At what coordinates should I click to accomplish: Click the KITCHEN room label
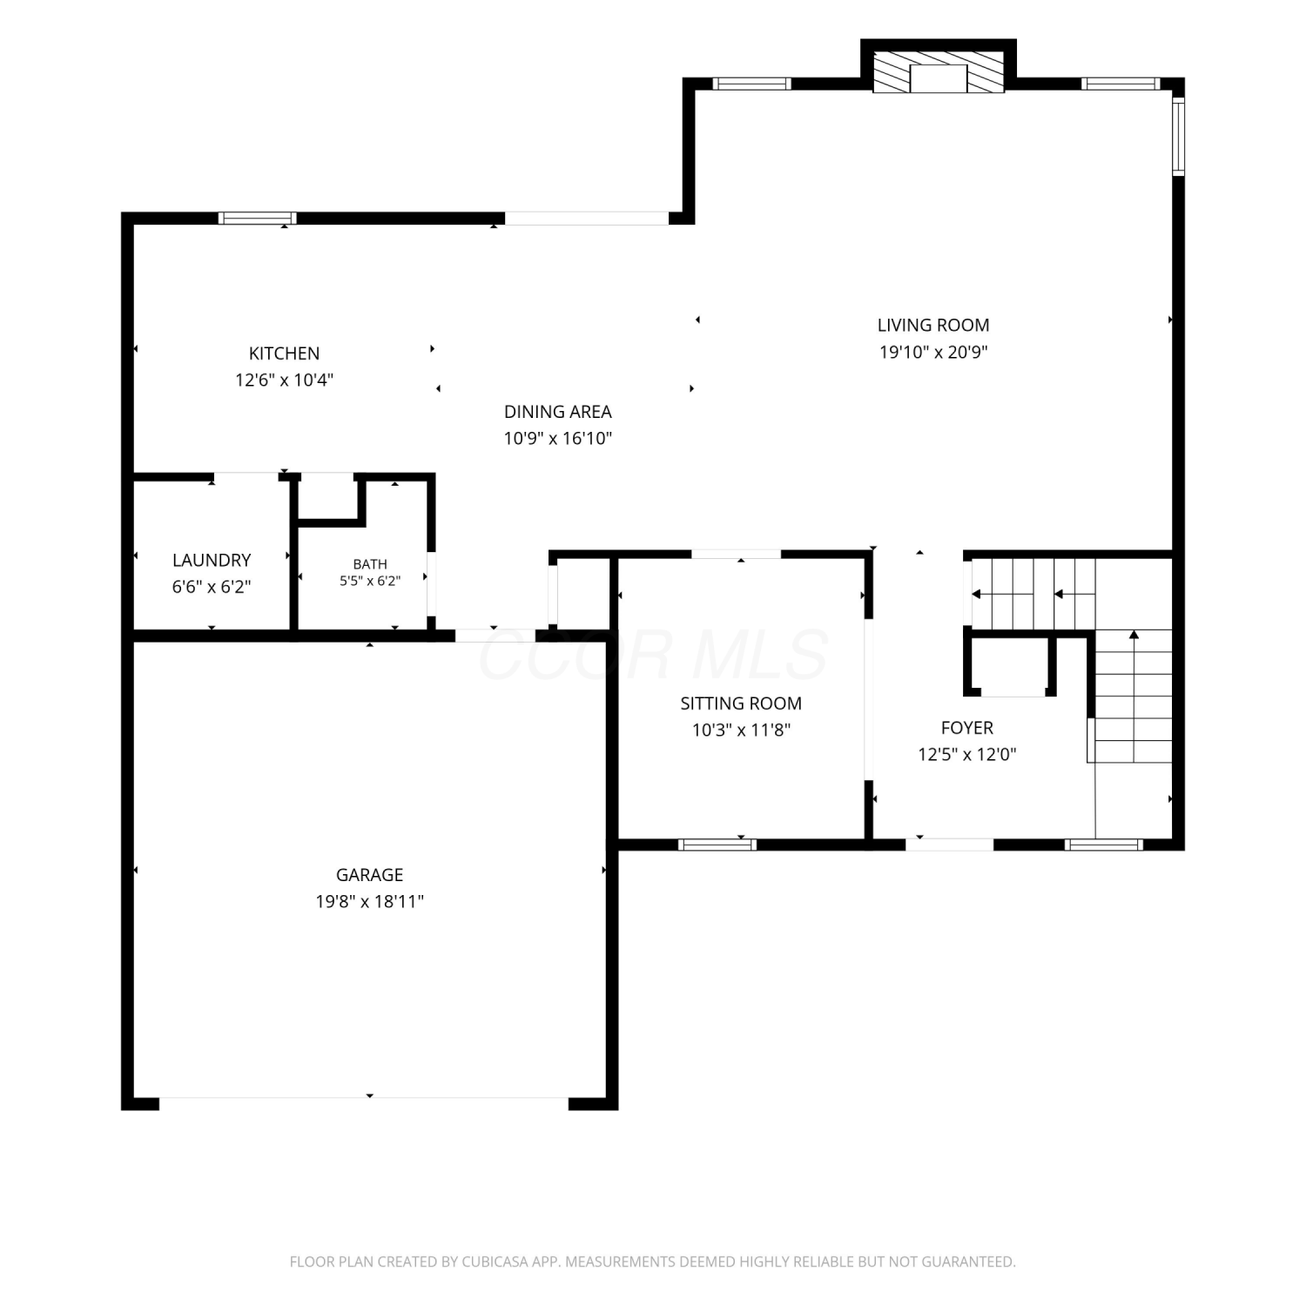pyautogui.click(x=284, y=353)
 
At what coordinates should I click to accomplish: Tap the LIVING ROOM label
pyautogui.click(x=933, y=326)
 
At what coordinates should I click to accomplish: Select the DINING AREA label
pyautogui.click(x=558, y=412)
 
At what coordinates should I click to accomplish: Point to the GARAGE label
pyautogui.click(x=370, y=875)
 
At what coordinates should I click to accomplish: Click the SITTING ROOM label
pyautogui.click(x=741, y=703)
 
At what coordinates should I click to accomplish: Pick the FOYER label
pyautogui.click(x=967, y=728)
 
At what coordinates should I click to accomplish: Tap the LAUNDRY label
pyautogui.click(x=212, y=561)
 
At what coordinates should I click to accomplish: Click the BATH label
pyautogui.click(x=370, y=564)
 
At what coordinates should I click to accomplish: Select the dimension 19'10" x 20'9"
pyautogui.click(x=933, y=353)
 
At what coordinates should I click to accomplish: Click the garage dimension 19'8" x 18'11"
pyautogui.click(x=370, y=902)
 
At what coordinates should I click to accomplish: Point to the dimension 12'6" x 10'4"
pyautogui.click(x=284, y=380)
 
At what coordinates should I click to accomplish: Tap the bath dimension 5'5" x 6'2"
pyautogui.click(x=370, y=581)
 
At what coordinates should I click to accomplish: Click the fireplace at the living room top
pyautogui.click(x=939, y=71)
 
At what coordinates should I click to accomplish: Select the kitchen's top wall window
pyautogui.click(x=257, y=219)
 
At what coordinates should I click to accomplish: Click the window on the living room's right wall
pyautogui.click(x=1178, y=136)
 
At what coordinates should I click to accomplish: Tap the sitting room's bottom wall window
pyautogui.click(x=717, y=844)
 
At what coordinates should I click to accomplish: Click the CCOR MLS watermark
pyautogui.click(x=653, y=655)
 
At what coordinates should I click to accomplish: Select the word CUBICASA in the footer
pyautogui.click(x=498, y=1262)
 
